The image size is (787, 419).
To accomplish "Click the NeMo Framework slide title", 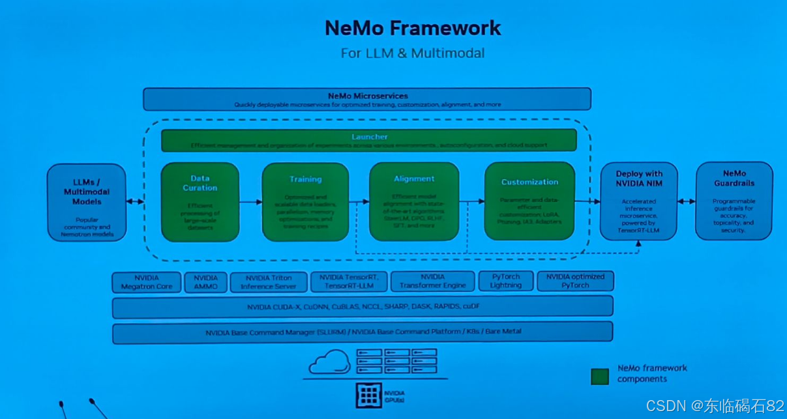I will pos(413,28).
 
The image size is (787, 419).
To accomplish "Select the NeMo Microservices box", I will pos(367,99).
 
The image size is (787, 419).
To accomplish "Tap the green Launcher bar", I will pos(369,140).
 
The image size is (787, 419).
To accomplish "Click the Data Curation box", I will pos(200,201).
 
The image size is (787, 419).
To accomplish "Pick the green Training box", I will pos(305,201).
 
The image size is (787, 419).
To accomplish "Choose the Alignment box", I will pos(414,201).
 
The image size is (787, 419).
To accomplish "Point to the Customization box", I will pos(529,201).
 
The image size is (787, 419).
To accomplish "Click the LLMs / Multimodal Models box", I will pos(87,202).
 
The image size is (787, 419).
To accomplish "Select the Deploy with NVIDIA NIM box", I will pos(638,201).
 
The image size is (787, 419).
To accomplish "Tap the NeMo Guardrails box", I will pos(734,201).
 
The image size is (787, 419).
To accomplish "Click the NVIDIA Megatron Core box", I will pos(147,282).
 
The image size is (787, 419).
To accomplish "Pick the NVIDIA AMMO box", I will pos(205,282).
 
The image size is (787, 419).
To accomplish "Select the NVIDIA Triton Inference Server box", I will pos(268,282).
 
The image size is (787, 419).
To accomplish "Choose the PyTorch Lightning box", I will pos(506,281).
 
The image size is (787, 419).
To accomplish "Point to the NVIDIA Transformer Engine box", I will pos(432,282).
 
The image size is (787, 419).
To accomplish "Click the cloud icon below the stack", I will pos(329,362).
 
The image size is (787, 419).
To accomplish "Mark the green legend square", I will pos(599,376).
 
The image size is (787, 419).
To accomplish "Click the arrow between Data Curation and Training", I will pos(250,202).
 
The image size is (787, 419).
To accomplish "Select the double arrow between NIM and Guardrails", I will pos(687,201).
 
